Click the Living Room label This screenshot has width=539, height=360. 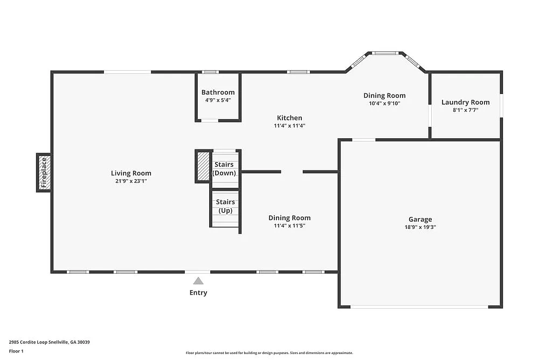click(x=131, y=173)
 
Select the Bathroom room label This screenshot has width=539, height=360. click(x=218, y=92)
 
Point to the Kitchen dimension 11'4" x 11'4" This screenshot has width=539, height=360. click(x=289, y=126)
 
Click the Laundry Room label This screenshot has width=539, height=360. click(x=465, y=102)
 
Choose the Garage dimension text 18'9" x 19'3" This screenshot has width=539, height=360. click(x=420, y=227)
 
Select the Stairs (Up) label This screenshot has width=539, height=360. click(x=225, y=206)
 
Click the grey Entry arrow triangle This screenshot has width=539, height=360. click(x=198, y=281)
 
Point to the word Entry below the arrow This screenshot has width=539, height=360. click(x=198, y=293)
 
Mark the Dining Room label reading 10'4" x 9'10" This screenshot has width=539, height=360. click(x=384, y=96)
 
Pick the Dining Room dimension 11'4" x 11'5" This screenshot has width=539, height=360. click(x=289, y=226)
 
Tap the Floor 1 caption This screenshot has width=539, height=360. click(x=16, y=351)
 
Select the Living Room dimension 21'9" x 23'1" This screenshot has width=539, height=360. click(x=131, y=181)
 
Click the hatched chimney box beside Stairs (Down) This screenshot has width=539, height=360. click(x=203, y=166)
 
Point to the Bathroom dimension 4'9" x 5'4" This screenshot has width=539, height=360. click(x=218, y=100)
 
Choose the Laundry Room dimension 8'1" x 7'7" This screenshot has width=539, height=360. click(x=465, y=110)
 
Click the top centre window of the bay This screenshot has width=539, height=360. click(x=385, y=53)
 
